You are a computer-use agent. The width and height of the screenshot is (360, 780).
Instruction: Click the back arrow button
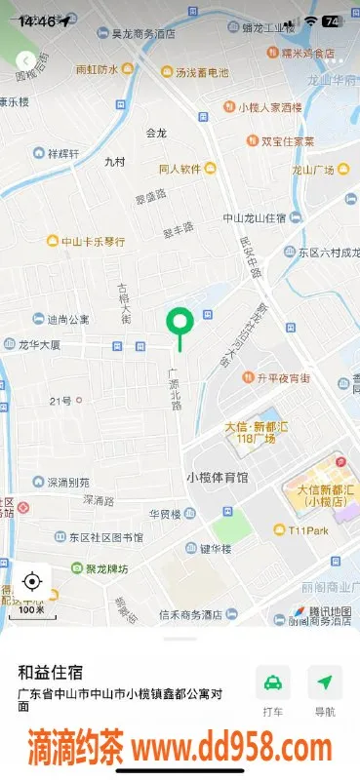point(25,61)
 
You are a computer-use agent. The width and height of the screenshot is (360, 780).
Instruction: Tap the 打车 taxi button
point(273,691)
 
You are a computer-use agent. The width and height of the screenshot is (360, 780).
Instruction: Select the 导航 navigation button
point(325,691)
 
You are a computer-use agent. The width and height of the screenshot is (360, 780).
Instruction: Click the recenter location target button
point(31,582)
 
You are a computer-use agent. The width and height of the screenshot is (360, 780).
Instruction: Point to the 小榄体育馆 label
point(217,477)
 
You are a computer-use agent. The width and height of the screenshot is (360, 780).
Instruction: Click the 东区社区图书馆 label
point(104,537)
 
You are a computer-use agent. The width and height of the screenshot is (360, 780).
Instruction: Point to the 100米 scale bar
point(32,608)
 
